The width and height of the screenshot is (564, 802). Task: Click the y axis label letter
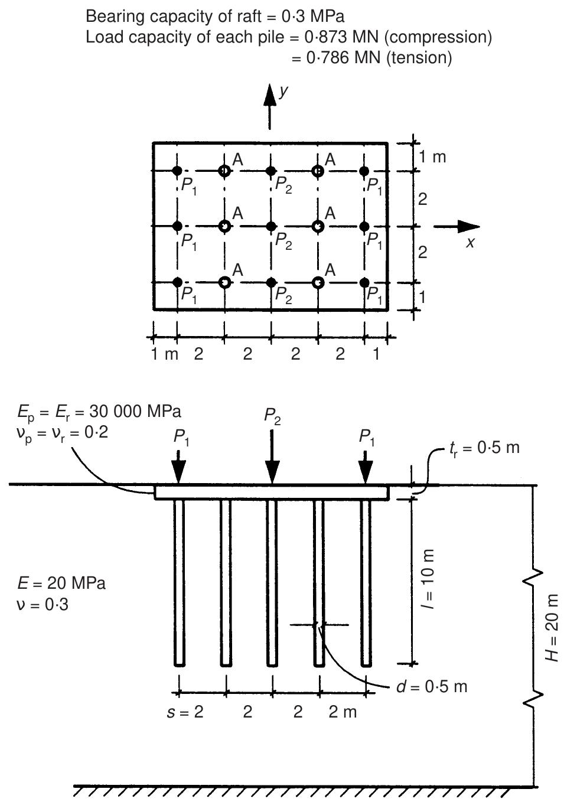point(285,92)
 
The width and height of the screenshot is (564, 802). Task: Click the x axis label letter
point(470,242)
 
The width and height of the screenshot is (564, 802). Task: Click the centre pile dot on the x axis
point(270,226)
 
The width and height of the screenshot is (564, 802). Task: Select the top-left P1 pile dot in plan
point(177,171)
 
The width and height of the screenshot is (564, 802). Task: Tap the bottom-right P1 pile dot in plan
point(364,282)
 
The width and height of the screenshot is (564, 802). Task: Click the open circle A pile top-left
point(224,171)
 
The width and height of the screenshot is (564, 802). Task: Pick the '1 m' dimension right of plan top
point(433,157)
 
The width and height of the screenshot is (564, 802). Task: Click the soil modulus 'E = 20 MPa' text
point(61,583)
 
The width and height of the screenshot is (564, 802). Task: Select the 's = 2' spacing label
point(184,712)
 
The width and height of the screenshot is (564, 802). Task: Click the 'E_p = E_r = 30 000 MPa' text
point(99,411)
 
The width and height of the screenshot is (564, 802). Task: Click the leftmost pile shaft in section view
point(179,582)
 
